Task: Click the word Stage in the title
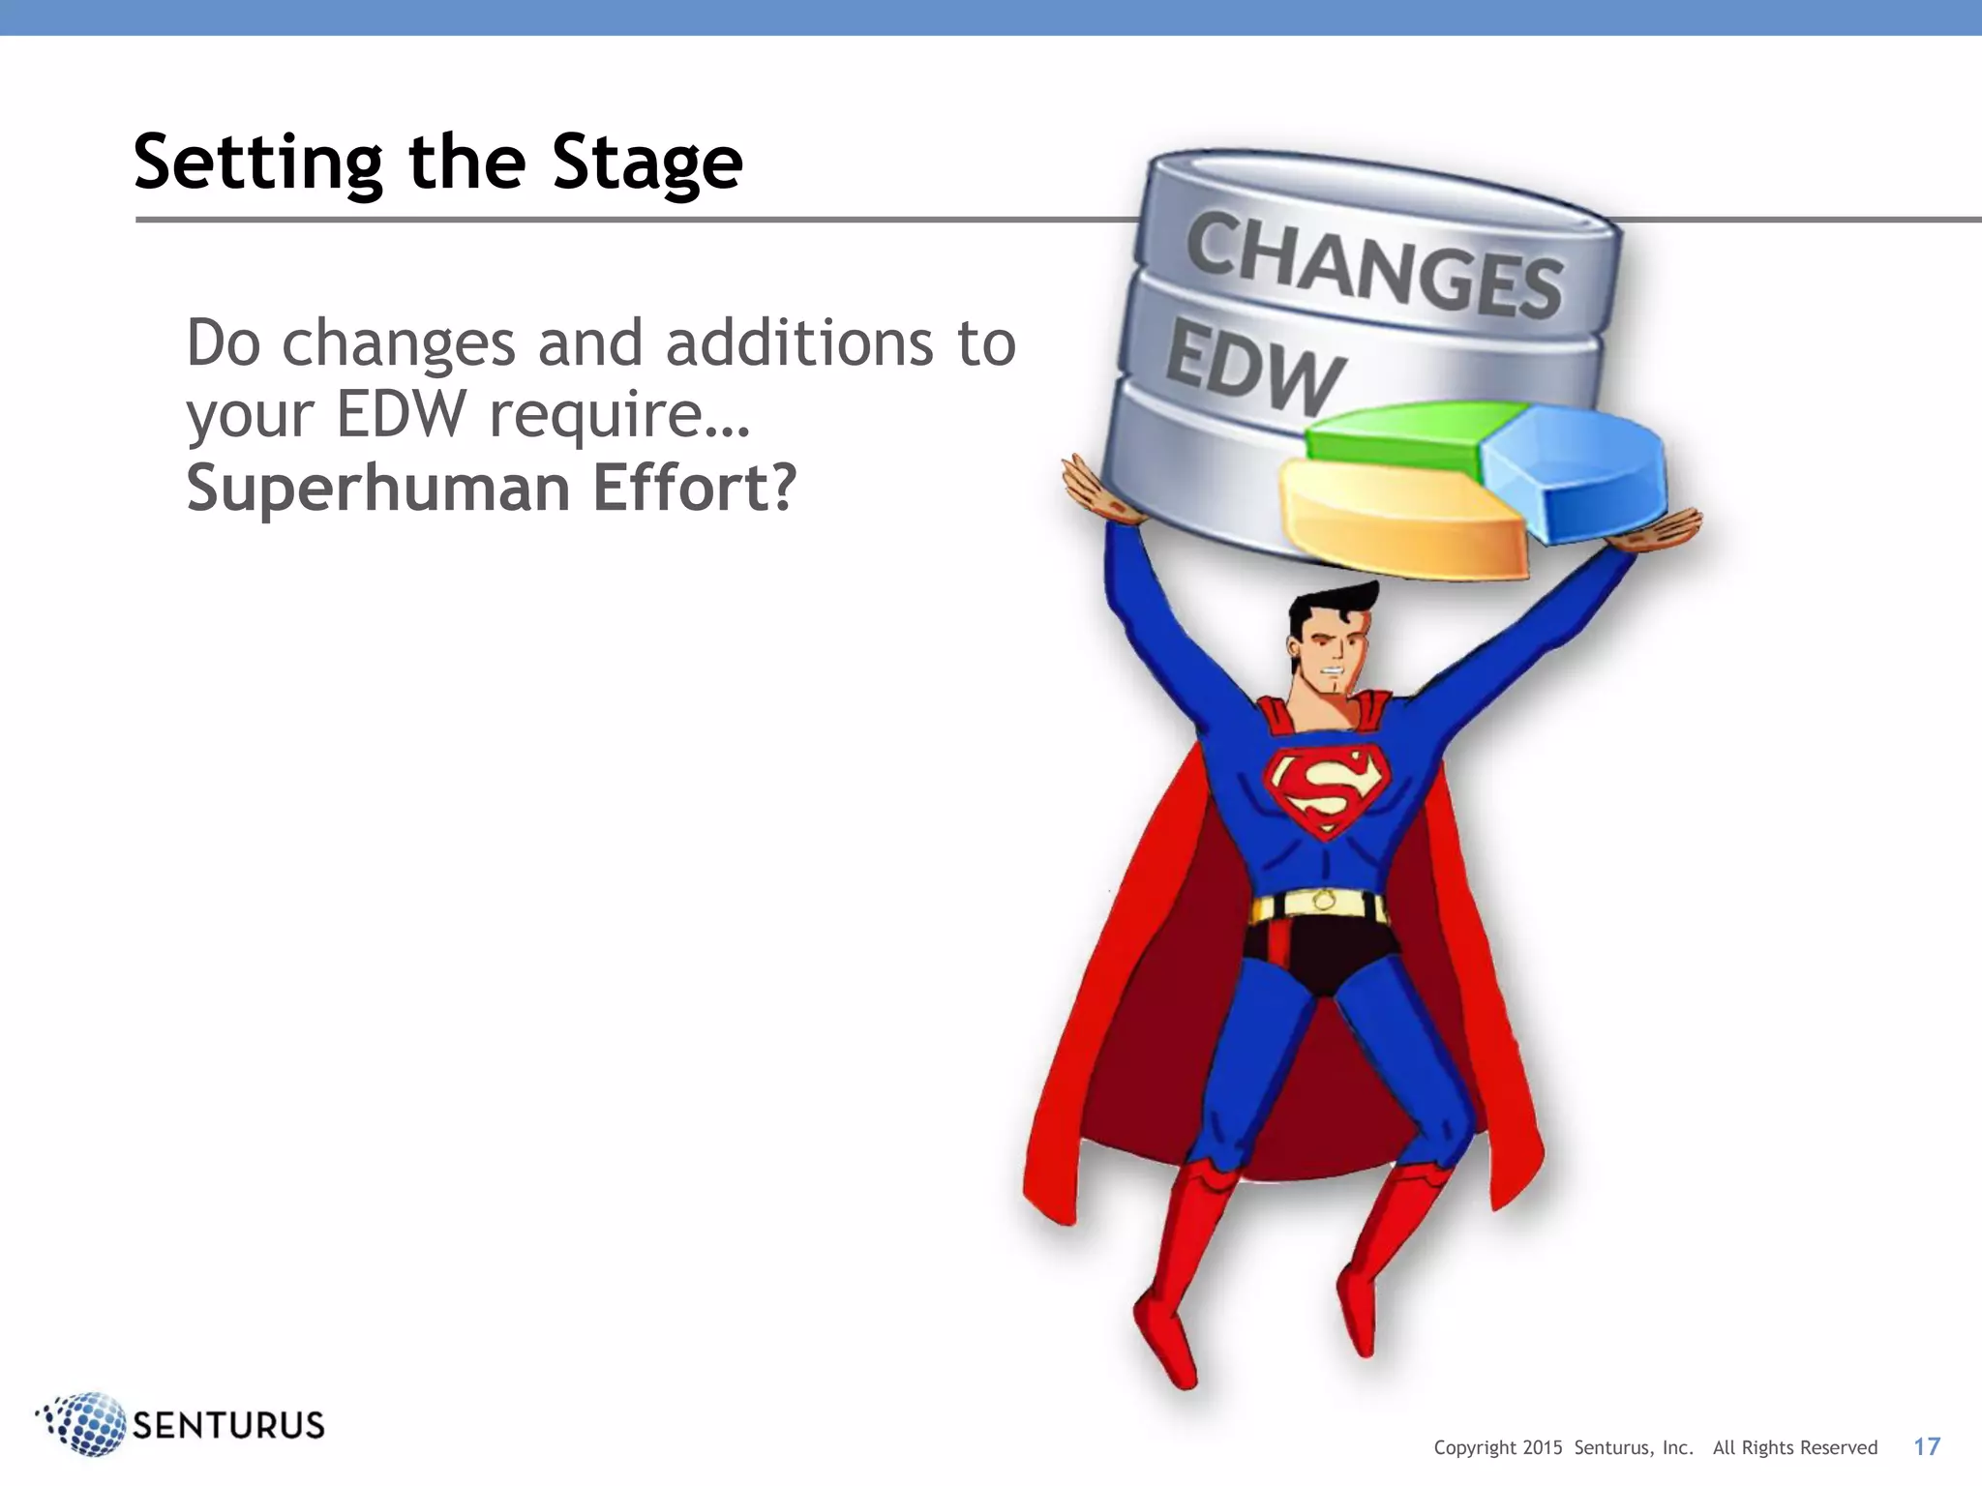(646, 163)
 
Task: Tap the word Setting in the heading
(258, 163)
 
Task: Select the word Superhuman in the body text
(377, 489)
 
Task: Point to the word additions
(799, 343)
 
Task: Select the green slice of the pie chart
(1403, 435)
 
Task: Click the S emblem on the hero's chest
(1326, 788)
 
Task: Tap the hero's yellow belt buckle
(1323, 902)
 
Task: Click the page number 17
(1926, 1446)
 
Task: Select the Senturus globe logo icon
(82, 1423)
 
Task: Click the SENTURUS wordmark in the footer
(228, 1425)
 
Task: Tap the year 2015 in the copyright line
(1542, 1447)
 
